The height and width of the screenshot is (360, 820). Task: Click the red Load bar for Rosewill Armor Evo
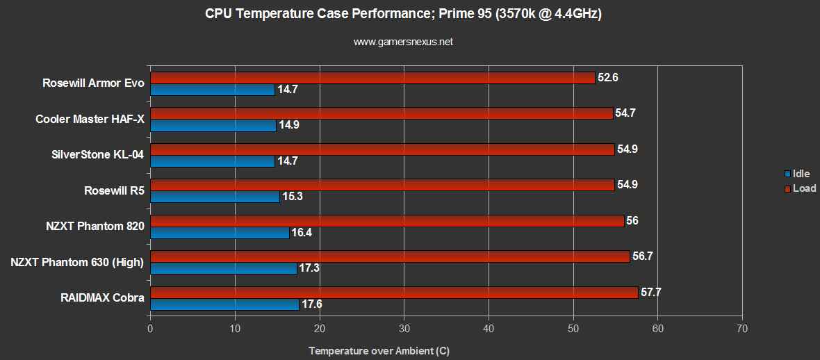[372, 78]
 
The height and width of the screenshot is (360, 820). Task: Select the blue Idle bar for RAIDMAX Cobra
[224, 304]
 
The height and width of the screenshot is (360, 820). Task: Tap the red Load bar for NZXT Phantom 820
[386, 221]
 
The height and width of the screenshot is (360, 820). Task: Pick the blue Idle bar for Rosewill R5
[215, 197]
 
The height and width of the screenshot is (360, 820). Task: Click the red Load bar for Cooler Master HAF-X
[381, 113]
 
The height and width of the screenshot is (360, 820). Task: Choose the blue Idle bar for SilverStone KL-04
[212, 161]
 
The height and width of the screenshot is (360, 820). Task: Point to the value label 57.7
[650, 293]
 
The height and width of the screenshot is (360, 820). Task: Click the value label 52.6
[607, 78]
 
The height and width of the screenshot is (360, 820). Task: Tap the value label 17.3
[309, 268]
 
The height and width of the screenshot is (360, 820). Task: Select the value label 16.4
[301, 233]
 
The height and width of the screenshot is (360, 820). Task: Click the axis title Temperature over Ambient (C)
[379, 351]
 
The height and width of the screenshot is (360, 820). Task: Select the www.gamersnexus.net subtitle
[403, 42]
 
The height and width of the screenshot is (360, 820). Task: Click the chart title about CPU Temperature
[403, 14]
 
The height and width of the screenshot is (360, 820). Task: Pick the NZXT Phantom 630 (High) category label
[77, 262]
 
